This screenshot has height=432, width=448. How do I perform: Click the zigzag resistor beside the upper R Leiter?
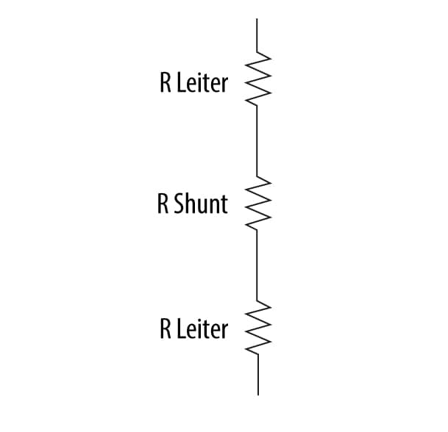[257, 79]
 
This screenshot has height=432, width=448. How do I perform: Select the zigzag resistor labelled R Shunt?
[257, 203]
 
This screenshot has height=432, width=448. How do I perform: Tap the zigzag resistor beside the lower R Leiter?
[257, 327]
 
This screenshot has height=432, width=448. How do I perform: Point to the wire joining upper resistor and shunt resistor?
[257, 141]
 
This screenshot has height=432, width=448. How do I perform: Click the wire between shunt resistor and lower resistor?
[257, 265]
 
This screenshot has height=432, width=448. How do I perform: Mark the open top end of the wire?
[257, 19]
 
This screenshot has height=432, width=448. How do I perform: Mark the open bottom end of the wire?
[258, 395]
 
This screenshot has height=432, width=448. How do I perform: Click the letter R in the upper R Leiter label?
[165, 83]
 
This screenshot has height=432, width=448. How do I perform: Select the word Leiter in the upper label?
[202, 83]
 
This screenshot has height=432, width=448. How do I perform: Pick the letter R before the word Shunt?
[163, 204]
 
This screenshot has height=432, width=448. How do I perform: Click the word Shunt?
[201, 204]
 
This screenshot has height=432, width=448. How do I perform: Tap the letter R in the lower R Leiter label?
[165, 329]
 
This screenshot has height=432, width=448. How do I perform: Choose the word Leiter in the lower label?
[202, 329]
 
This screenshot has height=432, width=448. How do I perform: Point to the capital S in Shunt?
[179, 204]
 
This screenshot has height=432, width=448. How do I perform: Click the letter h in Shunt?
[192, 204]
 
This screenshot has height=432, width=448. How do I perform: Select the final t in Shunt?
[224, 205]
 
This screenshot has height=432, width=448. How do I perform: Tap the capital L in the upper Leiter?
[181, 83]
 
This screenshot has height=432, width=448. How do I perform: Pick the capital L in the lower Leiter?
[181, 329]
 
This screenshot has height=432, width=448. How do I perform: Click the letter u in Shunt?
[205, 206]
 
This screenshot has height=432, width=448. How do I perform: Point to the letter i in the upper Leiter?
[202, 83]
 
